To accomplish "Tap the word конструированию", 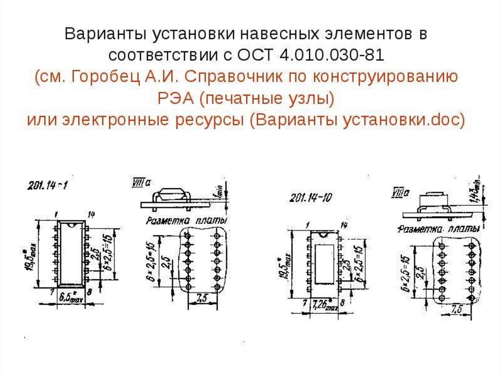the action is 402,77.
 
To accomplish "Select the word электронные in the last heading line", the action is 117,119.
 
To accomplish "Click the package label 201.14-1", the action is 46,186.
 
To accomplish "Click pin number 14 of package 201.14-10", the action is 344,225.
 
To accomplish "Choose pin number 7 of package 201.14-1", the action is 51,291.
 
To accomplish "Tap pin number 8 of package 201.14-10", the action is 342,303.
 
